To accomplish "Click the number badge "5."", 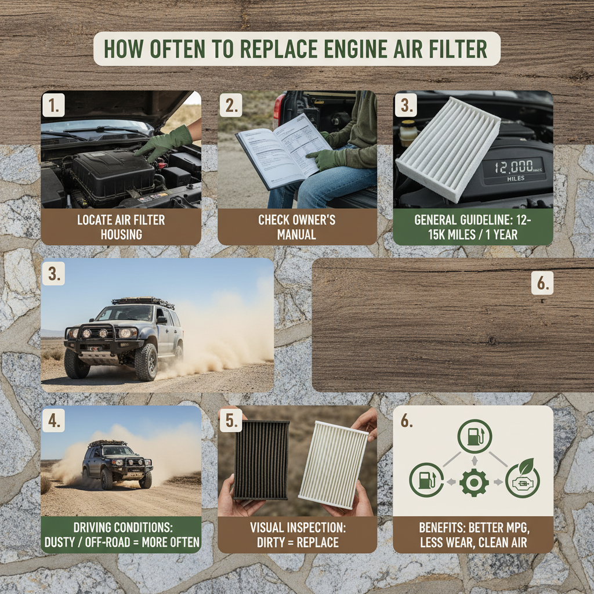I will click(x=231, y=422).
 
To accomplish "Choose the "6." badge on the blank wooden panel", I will click(x=542, y=283).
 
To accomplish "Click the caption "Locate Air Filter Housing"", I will click(x=121, y=227).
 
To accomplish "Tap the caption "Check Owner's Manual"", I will click(x=297, y=227).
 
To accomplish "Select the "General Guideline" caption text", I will click(x=473, y=227).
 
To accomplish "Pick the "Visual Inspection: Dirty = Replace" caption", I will click(x=297, y=535).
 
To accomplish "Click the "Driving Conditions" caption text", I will click(x=121, y=535).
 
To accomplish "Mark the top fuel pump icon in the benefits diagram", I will click(x=474, y=436).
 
